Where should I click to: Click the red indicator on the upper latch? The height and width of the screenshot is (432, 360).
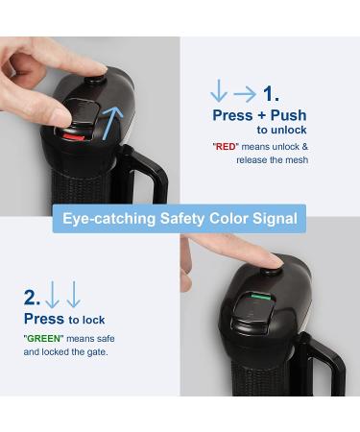click(x=74, y=137)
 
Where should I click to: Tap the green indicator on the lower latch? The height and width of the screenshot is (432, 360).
click(x=262, y=298)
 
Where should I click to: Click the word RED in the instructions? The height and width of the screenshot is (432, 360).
click(x=226, y=147)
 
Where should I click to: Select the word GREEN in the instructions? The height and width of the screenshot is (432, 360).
click(x=43, y=339)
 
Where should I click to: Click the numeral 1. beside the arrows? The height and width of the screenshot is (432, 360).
click(x=271, y=94)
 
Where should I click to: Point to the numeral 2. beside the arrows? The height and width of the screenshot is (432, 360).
click(x=32, y=298)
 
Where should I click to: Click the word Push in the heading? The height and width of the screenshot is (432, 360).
click(x=288, y=115)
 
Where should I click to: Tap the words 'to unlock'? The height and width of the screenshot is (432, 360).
click(x=281, y=130)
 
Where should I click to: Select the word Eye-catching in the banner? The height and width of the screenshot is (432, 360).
click(x=109, y=219)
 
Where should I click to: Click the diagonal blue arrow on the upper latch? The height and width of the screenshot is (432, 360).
click(x=112, y=123)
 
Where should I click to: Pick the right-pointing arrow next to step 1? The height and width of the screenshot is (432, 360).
click(x=245, y=94)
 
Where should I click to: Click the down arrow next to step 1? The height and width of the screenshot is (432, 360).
click(x=219, y=91)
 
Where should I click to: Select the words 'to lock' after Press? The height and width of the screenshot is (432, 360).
click(x=86, y=320)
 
